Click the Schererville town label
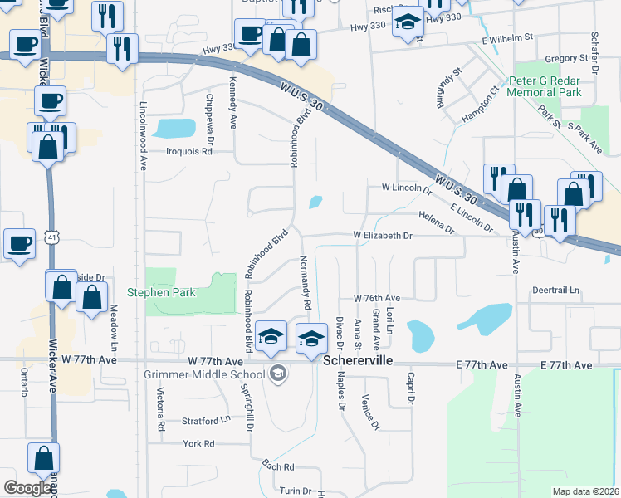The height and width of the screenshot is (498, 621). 356,362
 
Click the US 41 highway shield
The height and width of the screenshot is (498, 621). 52,238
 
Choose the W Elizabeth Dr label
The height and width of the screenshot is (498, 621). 383,236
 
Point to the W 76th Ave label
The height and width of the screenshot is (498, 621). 377,298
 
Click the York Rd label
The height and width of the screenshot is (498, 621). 198,444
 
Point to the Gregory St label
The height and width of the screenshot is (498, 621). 565,59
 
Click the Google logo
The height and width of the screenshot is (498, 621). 28,488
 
